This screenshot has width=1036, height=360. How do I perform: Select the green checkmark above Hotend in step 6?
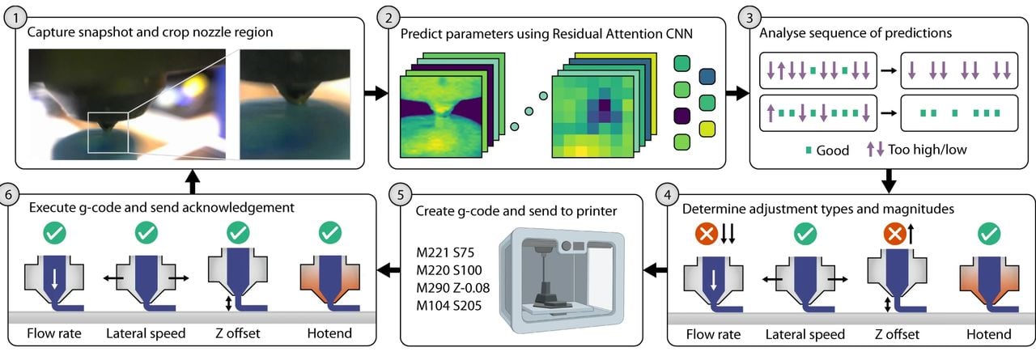pos(330,234)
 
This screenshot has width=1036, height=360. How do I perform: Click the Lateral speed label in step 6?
pos(146,333)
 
